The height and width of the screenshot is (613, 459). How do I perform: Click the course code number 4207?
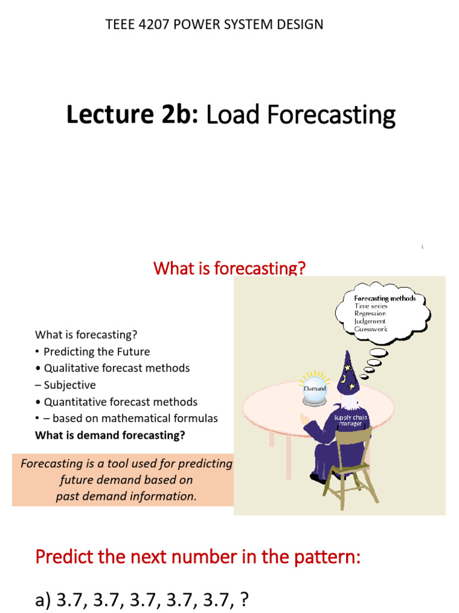pyautogui.click(x=153, y=25)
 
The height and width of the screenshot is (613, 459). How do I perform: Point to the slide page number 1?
pyautogui.click(x=422, y=246)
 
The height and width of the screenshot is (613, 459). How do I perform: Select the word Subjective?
pyautogui.click(x=69, y=385)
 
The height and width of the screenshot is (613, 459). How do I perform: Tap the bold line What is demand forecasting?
pyautogui.click(x=110, y=435)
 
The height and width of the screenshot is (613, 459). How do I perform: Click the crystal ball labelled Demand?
pyautogui.click(x=315, y=389)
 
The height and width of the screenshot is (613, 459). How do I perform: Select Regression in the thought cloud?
pyautogui.click(x=370, y=313)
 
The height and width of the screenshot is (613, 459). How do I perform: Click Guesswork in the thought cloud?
pyautogui.click(x=371, y=329)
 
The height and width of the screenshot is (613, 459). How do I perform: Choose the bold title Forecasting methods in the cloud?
pyautogui.click(x=385, y=298)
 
